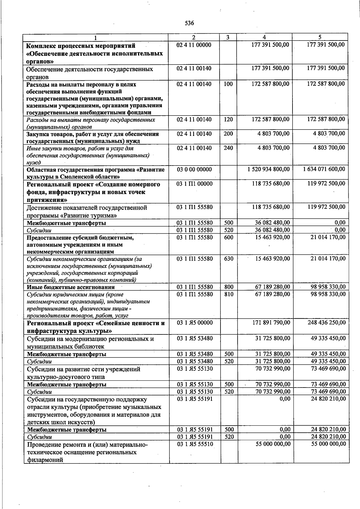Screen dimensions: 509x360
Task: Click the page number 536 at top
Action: [189, 23]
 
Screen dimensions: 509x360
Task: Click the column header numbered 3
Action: [228, 37]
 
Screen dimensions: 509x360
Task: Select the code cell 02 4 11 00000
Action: [194, 45]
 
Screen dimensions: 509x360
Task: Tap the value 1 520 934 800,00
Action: [268, 169]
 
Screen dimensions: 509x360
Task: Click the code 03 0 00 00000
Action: [194, 169]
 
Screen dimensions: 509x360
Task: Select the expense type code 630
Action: [229, 259]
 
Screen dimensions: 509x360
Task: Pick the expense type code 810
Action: [229, 294]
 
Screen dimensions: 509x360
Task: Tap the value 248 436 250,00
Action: [327, 323]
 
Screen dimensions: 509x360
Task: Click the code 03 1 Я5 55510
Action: [195, 444]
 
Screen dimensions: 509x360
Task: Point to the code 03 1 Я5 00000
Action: [195, 323]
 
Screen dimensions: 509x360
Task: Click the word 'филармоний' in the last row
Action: [45, 460]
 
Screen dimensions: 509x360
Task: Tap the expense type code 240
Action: [228, 148]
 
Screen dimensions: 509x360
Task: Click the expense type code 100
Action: [228, 84]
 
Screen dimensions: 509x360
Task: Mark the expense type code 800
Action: [229, 287]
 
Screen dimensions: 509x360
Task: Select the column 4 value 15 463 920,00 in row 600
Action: [272, 237]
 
